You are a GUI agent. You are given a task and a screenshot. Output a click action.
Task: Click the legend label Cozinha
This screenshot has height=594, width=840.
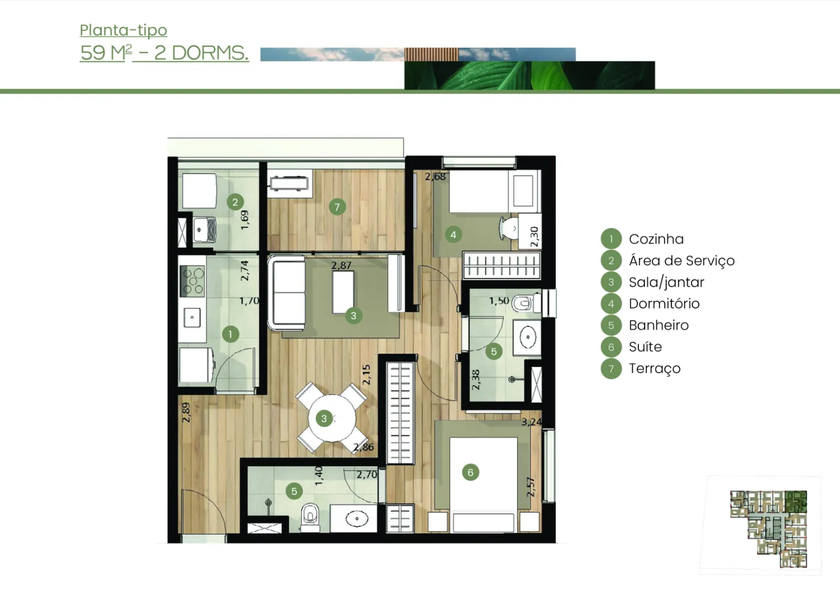click(656, 239)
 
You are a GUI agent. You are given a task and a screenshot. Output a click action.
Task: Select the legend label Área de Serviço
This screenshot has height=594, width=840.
click(682, 260)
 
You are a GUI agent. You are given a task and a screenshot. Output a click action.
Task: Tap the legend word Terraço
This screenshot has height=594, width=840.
click(655, 369)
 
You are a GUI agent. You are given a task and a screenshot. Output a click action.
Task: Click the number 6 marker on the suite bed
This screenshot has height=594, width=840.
click(470, 472)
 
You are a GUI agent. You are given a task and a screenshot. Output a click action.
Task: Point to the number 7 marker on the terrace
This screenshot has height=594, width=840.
click(337, 207)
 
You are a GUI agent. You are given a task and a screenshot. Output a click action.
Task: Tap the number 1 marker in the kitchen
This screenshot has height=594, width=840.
click(230, 334)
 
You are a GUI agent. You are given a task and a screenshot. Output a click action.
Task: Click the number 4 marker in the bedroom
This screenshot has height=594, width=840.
click(453, 235)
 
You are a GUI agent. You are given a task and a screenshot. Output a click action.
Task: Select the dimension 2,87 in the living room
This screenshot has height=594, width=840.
click(341, 265)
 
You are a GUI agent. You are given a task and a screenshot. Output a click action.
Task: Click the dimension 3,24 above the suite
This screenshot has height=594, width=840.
click(532, 422)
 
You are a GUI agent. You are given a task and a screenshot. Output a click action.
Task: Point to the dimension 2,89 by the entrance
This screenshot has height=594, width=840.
click(186, 413)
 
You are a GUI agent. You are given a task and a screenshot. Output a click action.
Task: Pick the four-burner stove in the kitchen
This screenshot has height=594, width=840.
click(193, 281)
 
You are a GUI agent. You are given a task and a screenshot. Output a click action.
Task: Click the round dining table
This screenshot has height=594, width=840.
click(332, 418)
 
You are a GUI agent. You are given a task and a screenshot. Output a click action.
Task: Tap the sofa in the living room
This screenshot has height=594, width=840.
click(287, 293)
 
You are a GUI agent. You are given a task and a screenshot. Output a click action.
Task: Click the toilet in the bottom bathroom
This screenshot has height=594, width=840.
click(310, 517)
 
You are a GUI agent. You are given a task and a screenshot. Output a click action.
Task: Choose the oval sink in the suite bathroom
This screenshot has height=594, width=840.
click(528, 337)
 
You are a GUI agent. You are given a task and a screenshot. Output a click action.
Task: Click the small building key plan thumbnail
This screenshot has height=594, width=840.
click(769, 529)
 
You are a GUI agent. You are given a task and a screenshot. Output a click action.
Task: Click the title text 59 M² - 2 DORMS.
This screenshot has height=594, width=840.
click(164, 53)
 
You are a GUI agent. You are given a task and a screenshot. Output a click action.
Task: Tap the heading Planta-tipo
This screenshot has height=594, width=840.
click(123, 30)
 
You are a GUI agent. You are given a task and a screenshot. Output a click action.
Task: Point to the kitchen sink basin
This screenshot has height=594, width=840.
click(192, 317)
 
